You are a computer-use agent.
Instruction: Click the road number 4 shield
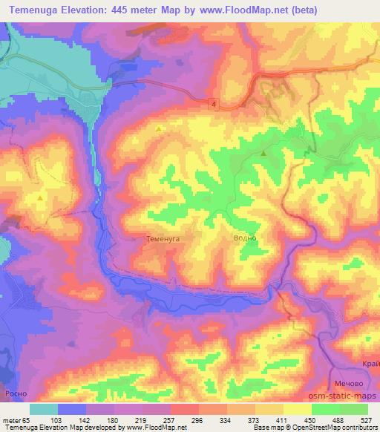coord(214,102)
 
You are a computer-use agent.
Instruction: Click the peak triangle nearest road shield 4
coord(158,129)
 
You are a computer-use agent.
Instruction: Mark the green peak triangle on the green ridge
coord(263,153)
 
